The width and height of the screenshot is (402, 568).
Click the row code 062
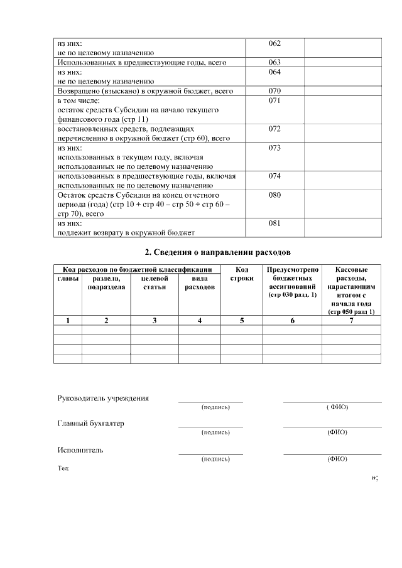274,43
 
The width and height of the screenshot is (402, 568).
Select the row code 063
274,62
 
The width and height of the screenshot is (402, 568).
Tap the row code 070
274,91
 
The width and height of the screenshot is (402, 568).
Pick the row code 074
274,176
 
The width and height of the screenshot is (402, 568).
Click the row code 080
274,195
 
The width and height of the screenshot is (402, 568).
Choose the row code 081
274,223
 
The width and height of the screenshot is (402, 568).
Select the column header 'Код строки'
242,274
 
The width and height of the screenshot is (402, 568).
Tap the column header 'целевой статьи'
155,282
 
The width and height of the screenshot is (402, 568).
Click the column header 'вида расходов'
200,282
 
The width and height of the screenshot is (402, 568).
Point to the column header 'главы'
68,278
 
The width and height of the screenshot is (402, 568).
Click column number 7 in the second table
351,321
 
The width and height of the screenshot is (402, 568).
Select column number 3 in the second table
155,321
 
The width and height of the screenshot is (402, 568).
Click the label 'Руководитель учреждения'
103,399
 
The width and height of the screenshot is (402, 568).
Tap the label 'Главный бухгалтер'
90,423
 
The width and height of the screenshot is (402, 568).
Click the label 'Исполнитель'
80,450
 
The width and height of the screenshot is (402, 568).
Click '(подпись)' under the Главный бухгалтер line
215,433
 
